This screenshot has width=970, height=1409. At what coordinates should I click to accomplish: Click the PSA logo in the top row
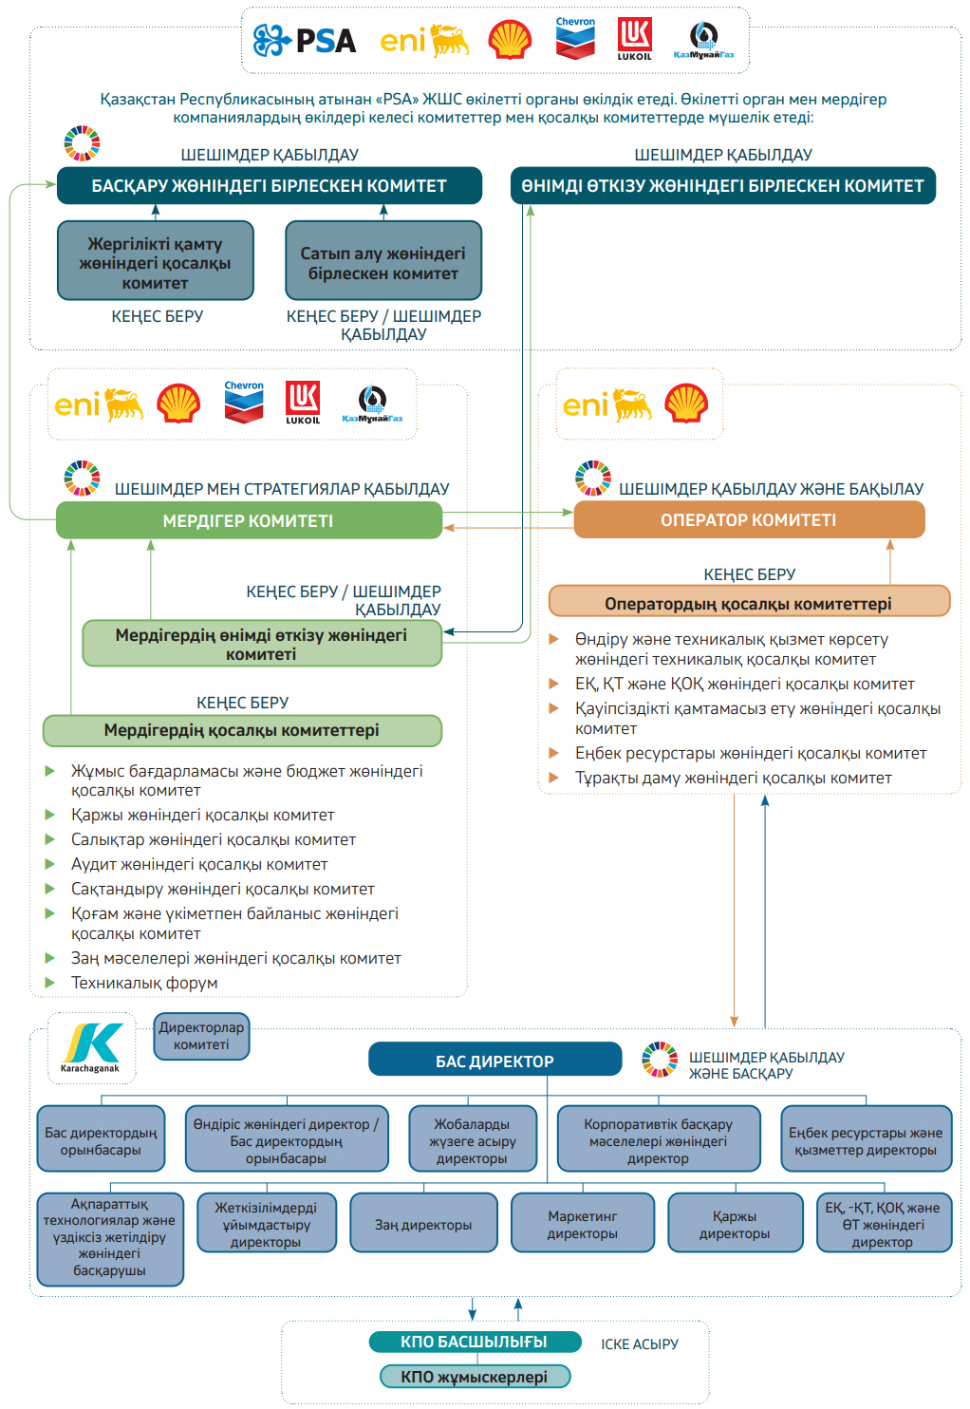pos(305,40)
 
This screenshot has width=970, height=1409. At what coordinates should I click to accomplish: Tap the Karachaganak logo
pos(91,1047)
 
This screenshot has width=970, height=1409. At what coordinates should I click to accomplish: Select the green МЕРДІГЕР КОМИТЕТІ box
pos(249,520)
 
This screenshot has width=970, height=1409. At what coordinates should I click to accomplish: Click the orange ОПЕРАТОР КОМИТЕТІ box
pos(749,519)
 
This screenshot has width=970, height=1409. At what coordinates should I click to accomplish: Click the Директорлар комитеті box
pos(201,1035)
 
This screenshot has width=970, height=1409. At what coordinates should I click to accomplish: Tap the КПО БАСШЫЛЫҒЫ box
pos(475,1341)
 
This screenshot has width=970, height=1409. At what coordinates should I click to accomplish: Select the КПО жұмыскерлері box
pos(475,1377)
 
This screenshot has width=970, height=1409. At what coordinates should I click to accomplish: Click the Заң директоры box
pos(423,1224)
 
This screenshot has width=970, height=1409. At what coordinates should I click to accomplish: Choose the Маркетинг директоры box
pos(582,1224)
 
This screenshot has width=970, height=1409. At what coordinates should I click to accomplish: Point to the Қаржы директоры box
pos(735,1224)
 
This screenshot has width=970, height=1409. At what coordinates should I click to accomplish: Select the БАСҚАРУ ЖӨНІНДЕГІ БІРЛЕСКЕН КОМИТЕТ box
pos(269,185)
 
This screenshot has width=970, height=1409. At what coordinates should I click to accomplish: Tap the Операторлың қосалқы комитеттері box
pos(749,603)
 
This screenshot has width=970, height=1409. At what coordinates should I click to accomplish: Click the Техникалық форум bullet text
pos(144,983)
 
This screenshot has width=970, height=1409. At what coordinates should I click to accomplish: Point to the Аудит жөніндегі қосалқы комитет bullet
pos(199,864)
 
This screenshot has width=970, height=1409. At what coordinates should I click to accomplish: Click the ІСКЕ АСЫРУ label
pos(640,1343)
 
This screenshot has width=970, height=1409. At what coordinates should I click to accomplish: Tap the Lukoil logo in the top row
pos(634,39)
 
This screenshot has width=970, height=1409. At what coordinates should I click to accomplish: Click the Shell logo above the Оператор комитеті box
pos(686,404)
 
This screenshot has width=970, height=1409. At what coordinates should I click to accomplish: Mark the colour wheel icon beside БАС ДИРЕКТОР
pos(660,1060)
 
